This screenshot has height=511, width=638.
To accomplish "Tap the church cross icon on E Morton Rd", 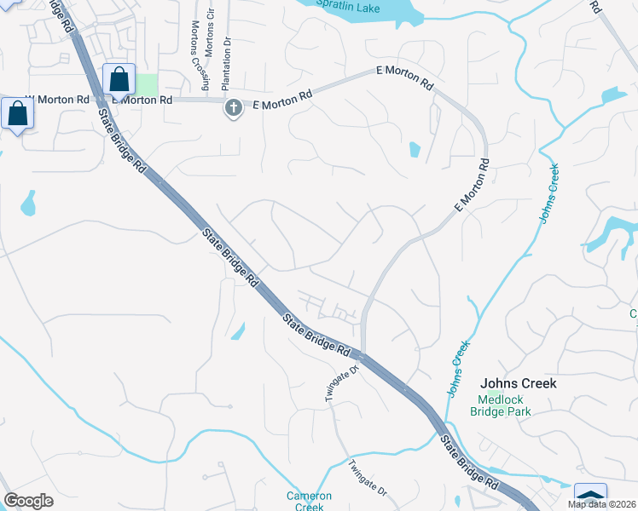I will point(232,107).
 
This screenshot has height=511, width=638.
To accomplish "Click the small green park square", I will point(147,85).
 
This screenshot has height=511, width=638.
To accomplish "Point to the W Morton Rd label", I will point(58,100).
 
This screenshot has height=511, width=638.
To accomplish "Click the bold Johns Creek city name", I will point(519,383).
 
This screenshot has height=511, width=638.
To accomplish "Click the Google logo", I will point(28,501).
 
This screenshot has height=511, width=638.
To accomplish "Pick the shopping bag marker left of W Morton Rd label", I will point(17,114).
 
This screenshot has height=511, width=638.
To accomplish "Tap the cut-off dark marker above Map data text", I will point(591,494).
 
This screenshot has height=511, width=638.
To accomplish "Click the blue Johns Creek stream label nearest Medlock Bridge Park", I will point(459,369).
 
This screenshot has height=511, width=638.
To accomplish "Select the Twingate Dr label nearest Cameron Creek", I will point(368,479).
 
